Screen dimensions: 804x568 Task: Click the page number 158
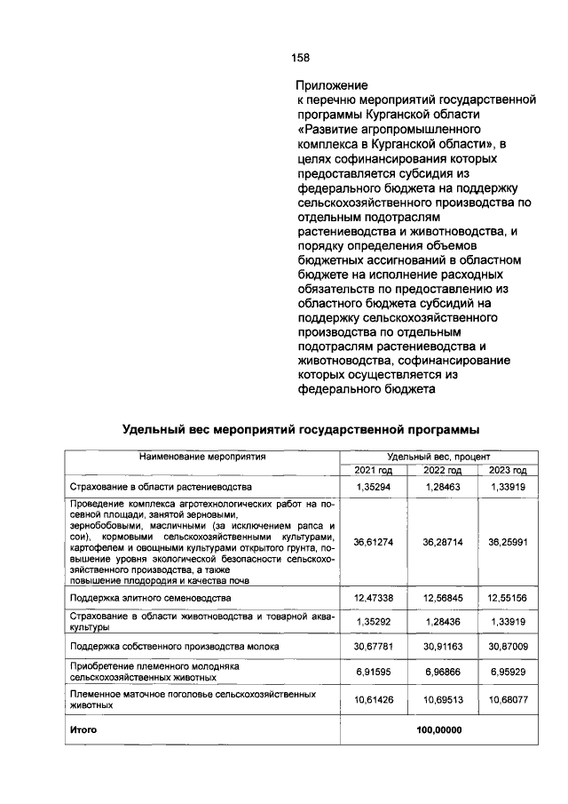coord(300,58)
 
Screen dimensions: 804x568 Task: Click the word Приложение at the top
coord(331,86)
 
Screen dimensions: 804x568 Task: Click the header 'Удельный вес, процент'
coord(434,456)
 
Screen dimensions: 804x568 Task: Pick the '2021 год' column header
coord(374,471)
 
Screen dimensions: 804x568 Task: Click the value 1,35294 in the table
coord(374,488)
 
